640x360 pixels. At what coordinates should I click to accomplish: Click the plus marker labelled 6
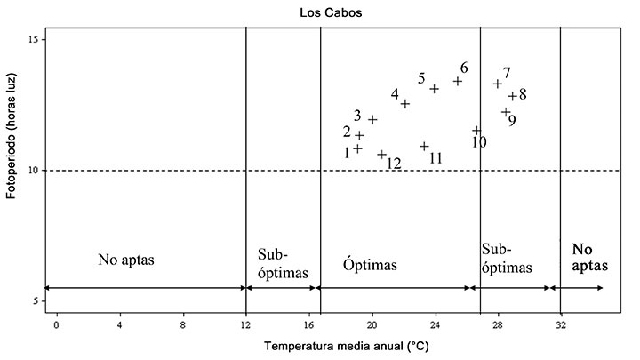(x=458, y=81)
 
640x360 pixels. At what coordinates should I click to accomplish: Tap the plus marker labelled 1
(x=357, y=149)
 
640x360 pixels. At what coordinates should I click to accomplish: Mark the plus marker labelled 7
(x=498, y=84)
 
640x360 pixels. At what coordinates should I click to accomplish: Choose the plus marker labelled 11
(x=424, y=146)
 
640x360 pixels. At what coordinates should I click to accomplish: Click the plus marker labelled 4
(x=405, y=104)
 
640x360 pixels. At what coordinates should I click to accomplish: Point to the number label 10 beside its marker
(x=478, y=142)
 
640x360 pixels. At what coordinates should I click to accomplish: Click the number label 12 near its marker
(x=393, y=164)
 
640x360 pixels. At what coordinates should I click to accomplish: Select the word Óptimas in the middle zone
(x=370, y=266)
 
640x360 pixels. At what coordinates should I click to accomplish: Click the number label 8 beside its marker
(x=523, y=94)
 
